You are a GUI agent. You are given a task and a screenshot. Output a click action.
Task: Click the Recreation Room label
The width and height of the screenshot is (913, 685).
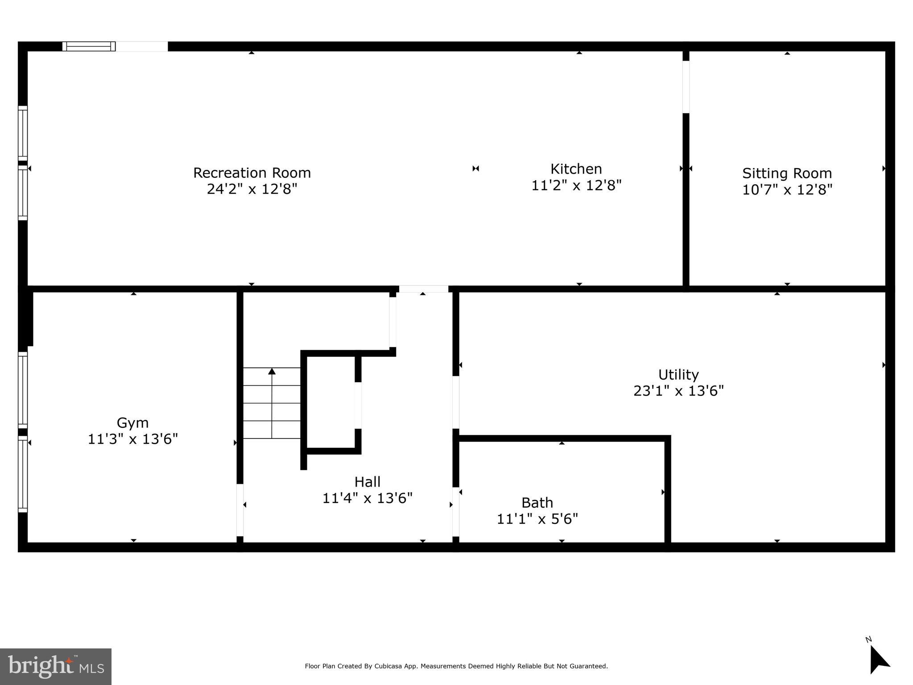tap(252, 173)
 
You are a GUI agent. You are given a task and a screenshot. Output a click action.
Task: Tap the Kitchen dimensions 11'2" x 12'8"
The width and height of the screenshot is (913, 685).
tap(576, 185)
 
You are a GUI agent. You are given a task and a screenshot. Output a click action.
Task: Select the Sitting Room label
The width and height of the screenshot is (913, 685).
tap(787, 173)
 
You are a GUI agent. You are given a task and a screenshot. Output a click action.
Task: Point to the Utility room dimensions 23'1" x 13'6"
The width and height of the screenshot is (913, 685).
tap(678, 391)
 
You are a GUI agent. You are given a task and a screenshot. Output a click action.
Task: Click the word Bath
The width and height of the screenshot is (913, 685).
tap(537, 503)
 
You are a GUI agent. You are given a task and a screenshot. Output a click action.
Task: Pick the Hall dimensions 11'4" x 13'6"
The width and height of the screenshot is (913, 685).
tap(367, 498)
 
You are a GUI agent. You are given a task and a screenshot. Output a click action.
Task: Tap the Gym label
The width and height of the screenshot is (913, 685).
tap(132, 422)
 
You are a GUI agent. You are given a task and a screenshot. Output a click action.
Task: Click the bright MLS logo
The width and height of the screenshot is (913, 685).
tap(55, 666)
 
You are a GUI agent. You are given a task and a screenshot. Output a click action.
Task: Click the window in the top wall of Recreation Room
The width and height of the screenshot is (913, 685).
tap(89, 46)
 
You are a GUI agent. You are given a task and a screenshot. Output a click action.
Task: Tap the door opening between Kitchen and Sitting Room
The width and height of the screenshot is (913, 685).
tap(686, 87)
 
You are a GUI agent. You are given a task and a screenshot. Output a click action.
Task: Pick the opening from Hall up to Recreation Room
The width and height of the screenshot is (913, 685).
tap(423, 289)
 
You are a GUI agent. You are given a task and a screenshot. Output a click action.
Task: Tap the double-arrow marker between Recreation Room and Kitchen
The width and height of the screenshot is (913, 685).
tap(475, 168)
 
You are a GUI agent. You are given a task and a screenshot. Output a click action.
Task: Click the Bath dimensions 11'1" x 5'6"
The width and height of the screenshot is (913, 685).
tap(537, 519)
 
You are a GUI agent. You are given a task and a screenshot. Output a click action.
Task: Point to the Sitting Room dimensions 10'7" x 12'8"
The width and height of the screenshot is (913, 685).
tap(787, 190)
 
